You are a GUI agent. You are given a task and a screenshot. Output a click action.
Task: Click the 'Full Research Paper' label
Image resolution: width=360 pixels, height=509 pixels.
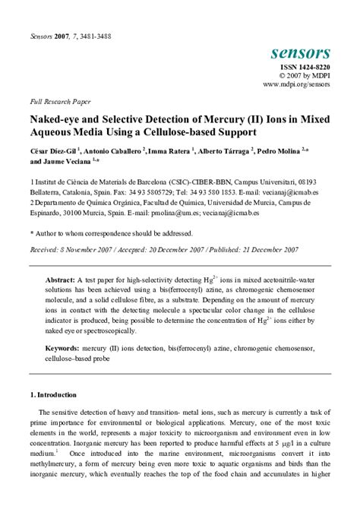pyautogui.click(x=60, y=101)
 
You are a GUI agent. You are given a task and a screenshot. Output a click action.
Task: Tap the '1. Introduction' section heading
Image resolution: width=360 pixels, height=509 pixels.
pyautogui.click(x=53, y=395)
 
